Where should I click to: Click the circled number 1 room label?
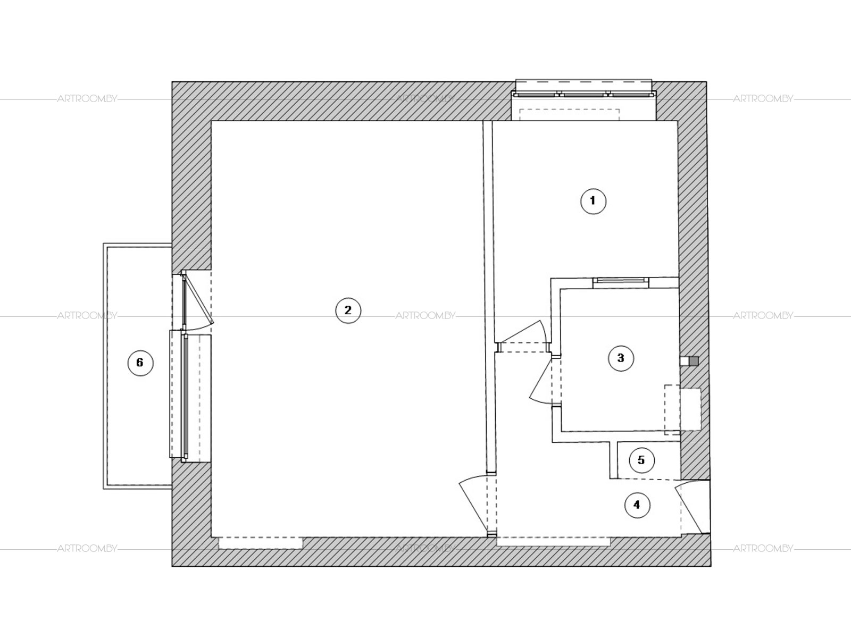click(x=593, y=201)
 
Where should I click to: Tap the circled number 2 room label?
click(x=348, y=310)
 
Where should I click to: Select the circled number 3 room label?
click(x=621, y=358)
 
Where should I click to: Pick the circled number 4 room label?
click(x=637, y=505)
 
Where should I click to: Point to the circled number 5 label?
click(x=641, y=460)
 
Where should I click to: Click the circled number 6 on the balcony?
click(x=140, y=363)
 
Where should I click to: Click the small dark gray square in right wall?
click(x=694, y=361)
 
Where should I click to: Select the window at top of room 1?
click(x=584, y=94)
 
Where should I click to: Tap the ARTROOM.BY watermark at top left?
click(x=87, y=99)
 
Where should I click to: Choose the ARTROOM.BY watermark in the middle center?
click(x=425, y=316)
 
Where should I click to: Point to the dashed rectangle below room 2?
click(x=261, y=542)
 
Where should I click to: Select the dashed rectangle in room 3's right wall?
click(x=682, y=409)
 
